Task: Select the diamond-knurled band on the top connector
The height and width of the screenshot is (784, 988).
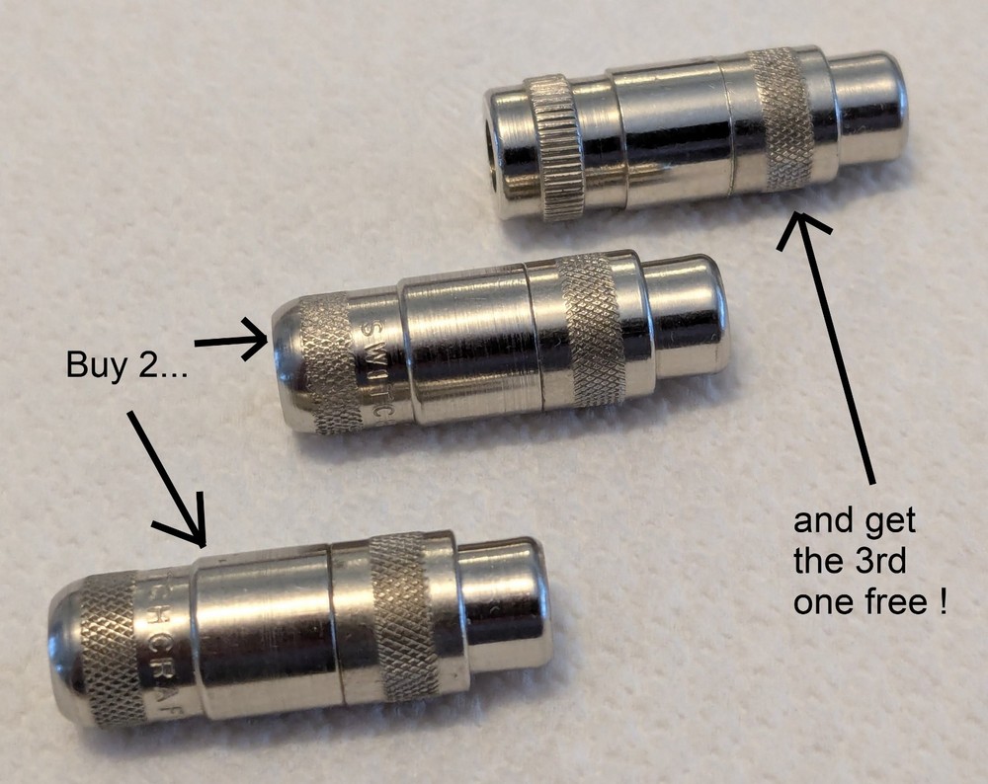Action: click(781, 118)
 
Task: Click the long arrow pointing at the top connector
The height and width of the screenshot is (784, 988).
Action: click(840, 355)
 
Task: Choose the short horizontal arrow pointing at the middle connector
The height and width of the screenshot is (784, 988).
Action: click(231, 343)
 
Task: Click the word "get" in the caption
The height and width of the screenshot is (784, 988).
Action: click(894, 520)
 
